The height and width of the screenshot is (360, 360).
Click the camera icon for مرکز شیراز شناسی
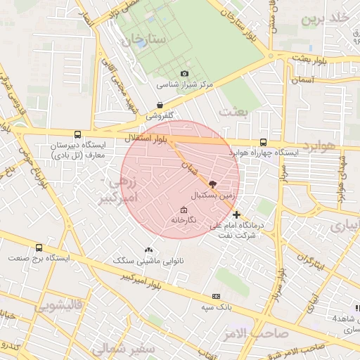click(x=184, y=74)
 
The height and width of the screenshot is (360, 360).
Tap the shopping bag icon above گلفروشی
click(x=160, y=105)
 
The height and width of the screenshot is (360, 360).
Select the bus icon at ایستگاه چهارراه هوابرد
click(x=263, y=141)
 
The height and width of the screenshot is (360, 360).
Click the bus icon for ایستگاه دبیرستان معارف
click(x=77, y=134)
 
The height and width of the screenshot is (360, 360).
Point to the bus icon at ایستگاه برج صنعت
click(x=39, y=248)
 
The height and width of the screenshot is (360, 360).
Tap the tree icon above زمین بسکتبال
click(x=213, y=183)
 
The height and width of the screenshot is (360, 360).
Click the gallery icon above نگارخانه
click(x=184, y=210)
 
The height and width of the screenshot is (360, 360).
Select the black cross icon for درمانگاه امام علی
click(x=236, y=214)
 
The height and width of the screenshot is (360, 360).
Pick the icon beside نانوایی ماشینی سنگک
click(x=148, y=250)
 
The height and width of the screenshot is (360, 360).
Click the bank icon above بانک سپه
click(x=216, y=297)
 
